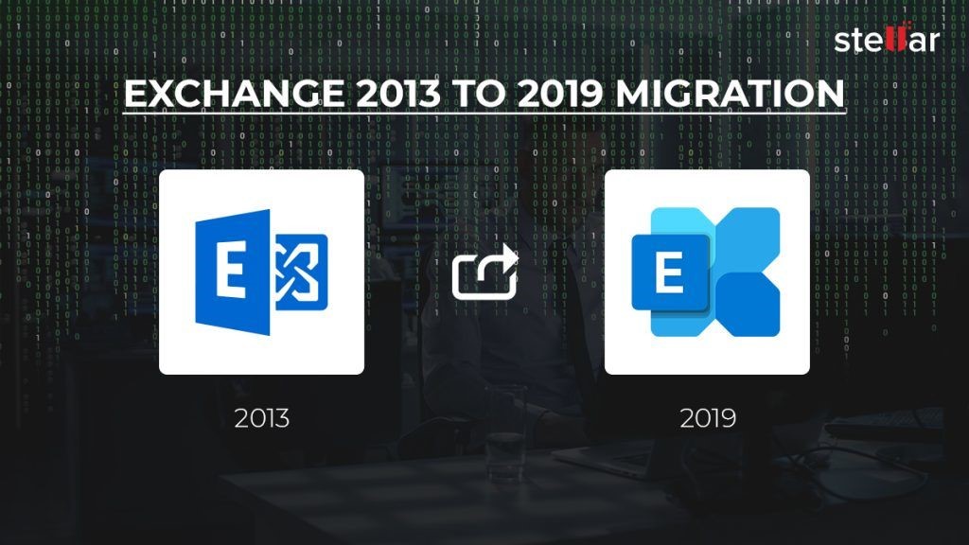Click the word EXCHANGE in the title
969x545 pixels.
[235, 94]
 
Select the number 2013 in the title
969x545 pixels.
[398, 94]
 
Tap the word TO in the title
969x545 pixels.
[479, 94]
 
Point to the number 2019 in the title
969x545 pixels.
[560, 94]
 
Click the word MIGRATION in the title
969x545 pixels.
[730, 94]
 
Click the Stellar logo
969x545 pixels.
[887, 38]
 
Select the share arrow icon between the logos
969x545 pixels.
[485, 272]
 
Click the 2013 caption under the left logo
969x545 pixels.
[262, 418]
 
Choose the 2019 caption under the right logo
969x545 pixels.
[708, 418]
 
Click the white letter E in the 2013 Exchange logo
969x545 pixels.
[231, 270]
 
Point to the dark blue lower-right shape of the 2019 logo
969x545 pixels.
[748, 304]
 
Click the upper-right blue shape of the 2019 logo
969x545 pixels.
[748, 239]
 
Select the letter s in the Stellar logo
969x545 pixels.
[841, 42]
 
